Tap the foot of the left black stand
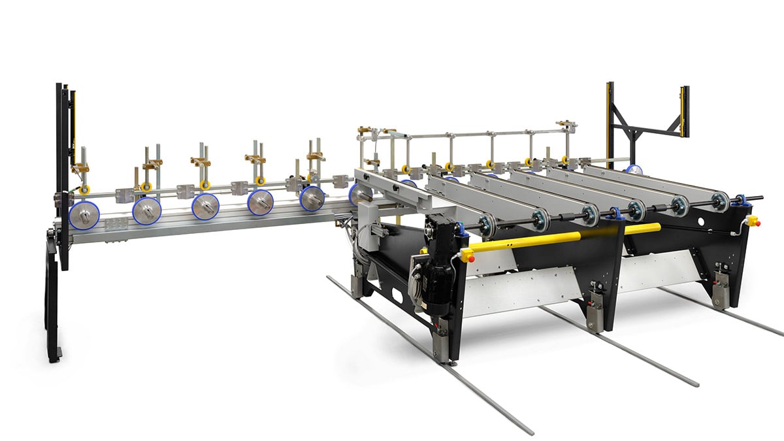click(54, 354)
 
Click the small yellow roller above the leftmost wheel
click(85, 190)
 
